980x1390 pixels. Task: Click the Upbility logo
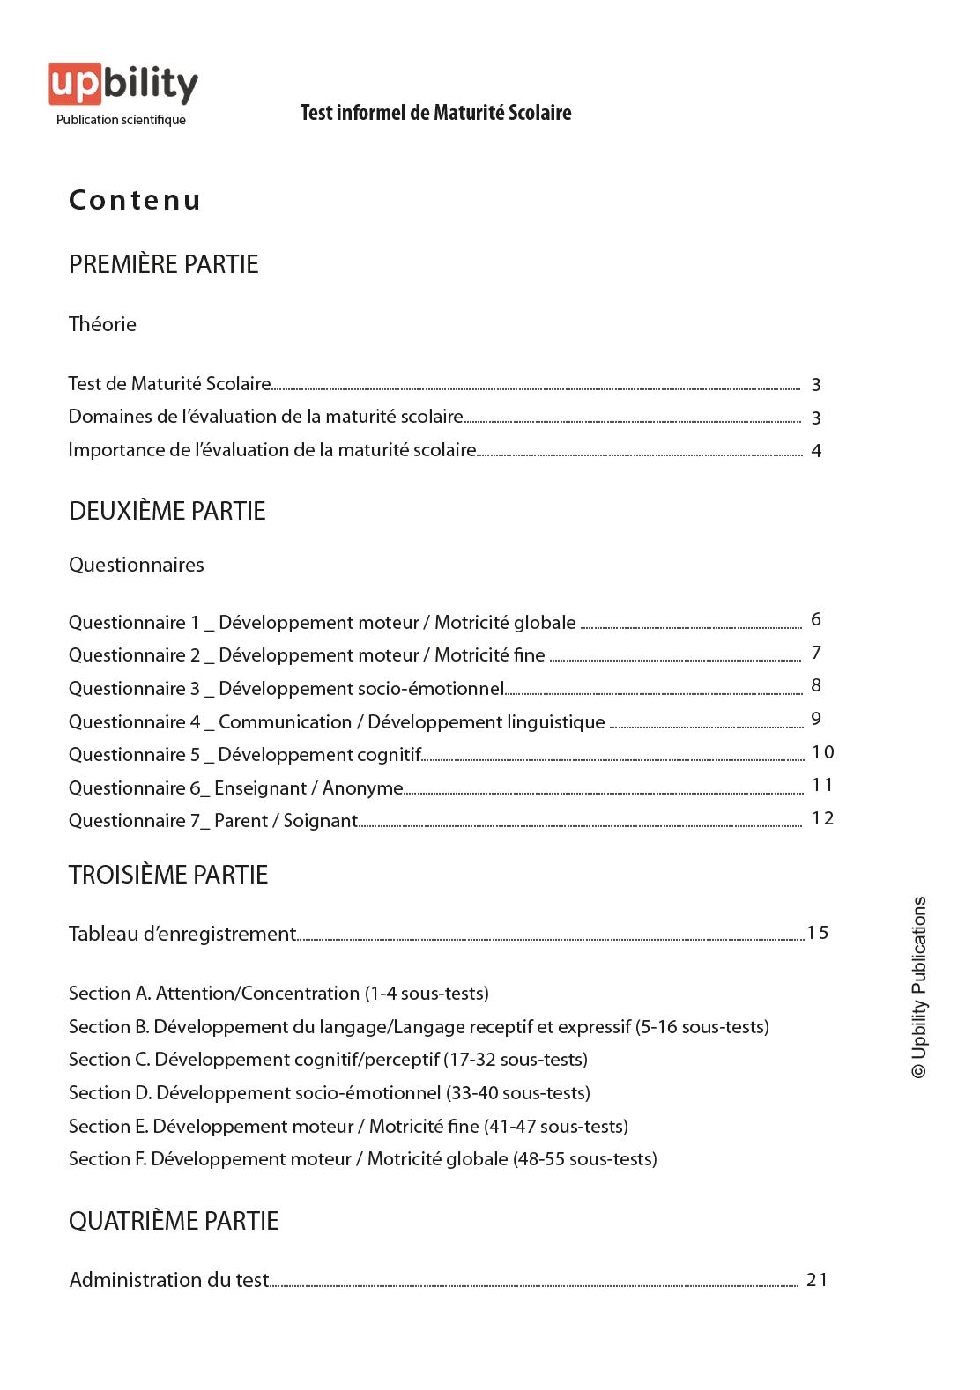122,85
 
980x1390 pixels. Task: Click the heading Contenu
135,201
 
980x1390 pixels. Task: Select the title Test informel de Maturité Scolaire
435,113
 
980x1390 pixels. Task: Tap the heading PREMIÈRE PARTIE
164,264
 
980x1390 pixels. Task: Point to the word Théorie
102,324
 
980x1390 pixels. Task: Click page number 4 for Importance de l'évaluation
816,451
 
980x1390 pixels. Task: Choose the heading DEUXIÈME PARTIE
167,511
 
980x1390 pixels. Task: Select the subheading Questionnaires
137,565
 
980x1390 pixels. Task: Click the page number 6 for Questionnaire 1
816,619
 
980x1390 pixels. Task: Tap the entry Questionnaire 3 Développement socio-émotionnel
286,688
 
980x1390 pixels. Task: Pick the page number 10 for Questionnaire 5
822,752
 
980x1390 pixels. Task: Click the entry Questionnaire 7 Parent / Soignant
213,821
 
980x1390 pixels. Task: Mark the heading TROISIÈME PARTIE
168,875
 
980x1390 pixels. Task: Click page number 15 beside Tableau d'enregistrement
817,933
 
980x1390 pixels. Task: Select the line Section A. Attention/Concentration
278,994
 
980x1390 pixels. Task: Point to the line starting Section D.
330,1093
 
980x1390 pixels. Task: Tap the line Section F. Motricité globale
363,1159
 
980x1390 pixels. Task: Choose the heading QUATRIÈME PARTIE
174,1221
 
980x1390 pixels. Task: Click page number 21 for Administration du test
817,1280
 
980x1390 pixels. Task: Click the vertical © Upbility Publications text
919,987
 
